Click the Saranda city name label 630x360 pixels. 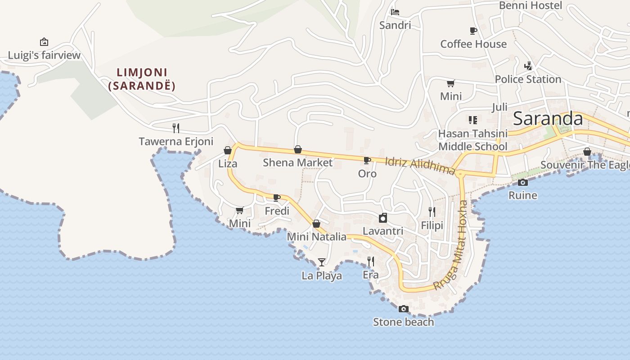click(x=548, y=119)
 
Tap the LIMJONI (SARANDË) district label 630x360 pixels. click(x=142, y=79)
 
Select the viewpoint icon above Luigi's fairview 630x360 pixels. click(x=44, y=42)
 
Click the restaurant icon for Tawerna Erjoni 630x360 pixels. click(x=176, y=128)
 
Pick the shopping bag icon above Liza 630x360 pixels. click(x=228, y=150)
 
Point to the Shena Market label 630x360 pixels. click(x=297, y=162)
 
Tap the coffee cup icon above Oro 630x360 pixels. click(x=367, y=160)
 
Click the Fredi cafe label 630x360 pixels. click(x=277, y=211)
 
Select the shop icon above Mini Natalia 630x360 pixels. click(x=316, y=224)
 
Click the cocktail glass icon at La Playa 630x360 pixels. click(x=321, y=262)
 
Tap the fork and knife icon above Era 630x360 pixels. click(x=371, y=261)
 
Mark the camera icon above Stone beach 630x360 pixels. click(x=404, y=309)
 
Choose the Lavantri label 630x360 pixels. click(x=383, y=231)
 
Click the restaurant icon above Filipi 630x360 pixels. click(x=432, y=211)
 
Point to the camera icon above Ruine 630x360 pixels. click(x=523, y=182)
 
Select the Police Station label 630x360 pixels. click(x=528, y=79)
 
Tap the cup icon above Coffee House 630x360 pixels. click(x=473, y=31)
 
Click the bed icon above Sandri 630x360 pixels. click(x=395, y=12)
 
